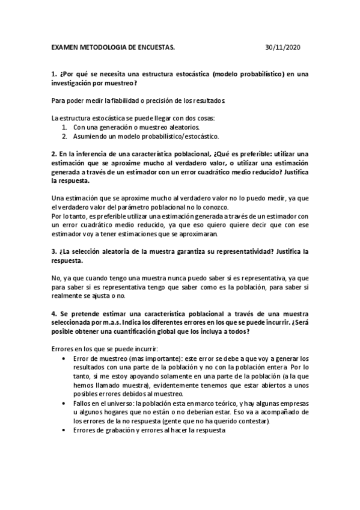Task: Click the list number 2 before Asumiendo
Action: click(x=64, y=137)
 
